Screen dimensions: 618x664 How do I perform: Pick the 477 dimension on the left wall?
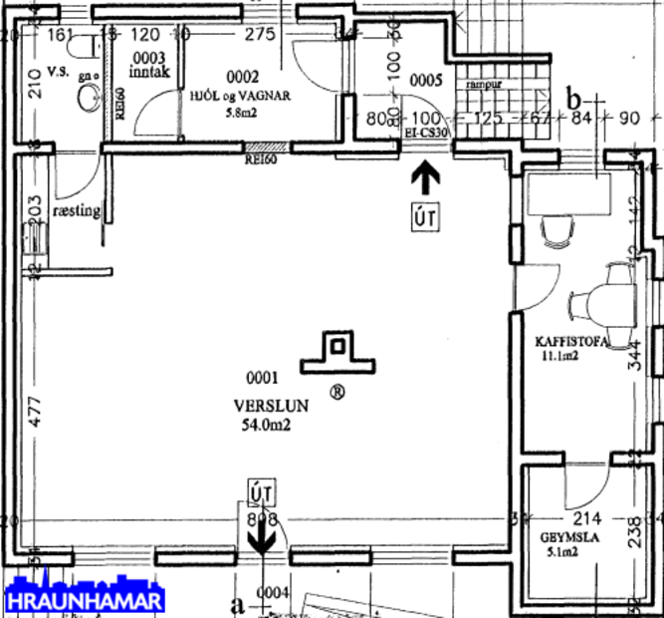36,413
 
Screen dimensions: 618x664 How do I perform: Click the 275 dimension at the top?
258,34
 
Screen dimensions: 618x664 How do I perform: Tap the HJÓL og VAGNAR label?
240,97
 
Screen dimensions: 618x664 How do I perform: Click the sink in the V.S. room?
88,98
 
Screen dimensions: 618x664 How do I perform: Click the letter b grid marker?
574,99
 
